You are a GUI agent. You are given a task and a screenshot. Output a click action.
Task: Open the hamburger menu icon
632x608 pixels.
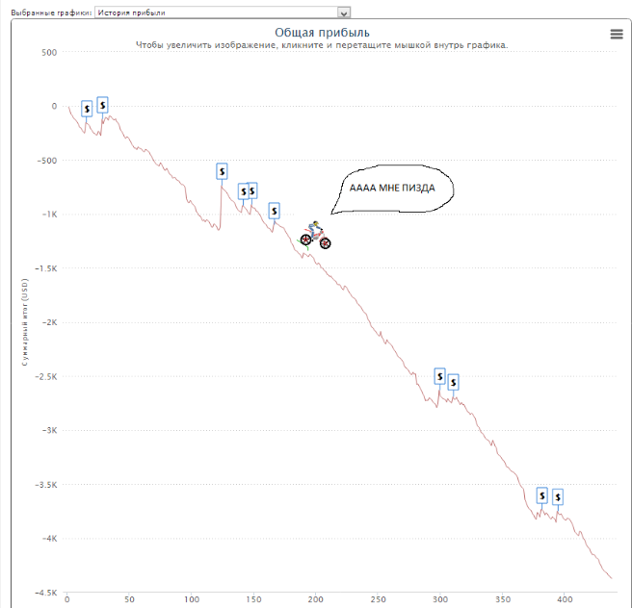(x=617, y=34)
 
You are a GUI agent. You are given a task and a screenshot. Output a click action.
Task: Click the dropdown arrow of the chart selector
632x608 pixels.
(x=344, y=13)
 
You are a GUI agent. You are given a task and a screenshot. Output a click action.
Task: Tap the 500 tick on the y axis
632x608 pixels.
(x=48, y=52)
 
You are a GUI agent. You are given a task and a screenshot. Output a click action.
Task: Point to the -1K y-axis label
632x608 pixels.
(x=48, y=215)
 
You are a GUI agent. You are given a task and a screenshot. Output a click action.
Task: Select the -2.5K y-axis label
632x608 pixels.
(x=44, y=377)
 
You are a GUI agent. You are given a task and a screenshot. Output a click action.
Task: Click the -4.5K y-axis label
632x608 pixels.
(x=44, y=594)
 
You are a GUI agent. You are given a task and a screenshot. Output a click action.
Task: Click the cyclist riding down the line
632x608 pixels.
(x=314, y=235)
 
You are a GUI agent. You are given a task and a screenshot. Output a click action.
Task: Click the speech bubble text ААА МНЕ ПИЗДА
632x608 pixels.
(x=391, y=188)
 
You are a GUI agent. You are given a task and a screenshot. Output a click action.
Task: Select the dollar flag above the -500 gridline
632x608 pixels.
(x=222, y=171)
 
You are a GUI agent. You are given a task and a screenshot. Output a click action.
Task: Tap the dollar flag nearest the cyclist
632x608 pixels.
(x=274, y=210)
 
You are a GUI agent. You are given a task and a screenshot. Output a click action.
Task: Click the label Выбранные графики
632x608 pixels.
(x=45, y=13)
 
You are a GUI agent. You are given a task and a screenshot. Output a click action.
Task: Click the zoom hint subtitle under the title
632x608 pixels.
(x=321, y=45)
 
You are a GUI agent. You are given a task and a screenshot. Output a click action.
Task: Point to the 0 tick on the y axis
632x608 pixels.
(x=54, y=107)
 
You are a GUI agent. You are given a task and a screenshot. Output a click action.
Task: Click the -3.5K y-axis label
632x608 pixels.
(x=44, y=485)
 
